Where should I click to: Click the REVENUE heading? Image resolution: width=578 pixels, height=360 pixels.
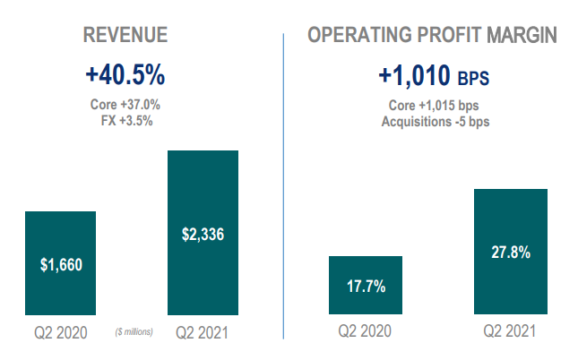(125, 36)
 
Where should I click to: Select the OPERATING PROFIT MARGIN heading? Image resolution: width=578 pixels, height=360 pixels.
(433, 36)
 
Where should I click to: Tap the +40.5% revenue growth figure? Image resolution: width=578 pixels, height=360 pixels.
(125, 73)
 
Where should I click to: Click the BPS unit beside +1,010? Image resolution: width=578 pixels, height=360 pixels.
(474, 77)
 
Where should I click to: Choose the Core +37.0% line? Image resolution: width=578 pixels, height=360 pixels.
(125, 104)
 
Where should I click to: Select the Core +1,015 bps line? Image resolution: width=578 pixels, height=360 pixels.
(433, 105)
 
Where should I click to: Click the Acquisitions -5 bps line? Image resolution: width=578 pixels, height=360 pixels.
(433, 120)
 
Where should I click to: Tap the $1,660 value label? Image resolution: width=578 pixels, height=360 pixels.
(61, 264)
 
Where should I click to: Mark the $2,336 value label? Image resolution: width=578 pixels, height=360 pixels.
(203, 235)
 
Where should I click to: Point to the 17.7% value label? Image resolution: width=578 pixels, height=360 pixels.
(366, 287)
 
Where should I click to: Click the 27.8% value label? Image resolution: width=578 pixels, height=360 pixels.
(510, 253)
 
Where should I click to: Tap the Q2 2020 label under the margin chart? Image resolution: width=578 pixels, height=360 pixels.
(367, 331)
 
